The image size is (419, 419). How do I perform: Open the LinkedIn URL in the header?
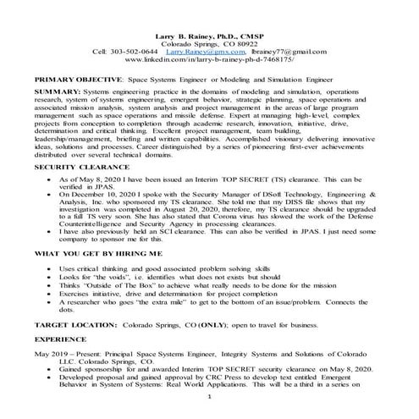209,60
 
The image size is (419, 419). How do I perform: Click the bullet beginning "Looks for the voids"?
161,302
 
